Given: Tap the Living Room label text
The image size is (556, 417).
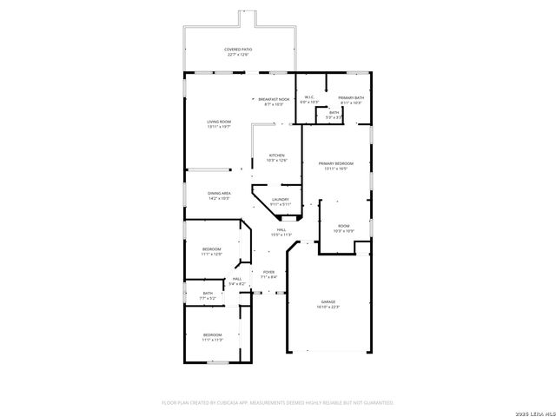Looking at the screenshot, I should click(x=219, y=123).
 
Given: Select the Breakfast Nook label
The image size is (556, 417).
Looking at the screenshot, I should click(x=274, y=102).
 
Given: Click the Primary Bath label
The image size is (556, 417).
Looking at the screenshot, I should click(x=351, y=100).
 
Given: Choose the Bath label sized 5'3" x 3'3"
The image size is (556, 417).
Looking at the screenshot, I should click(x=334, y=115).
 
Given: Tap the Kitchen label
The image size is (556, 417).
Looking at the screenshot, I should click(x=276, y=157).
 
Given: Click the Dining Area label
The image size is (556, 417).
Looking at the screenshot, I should click(x=219, y=195).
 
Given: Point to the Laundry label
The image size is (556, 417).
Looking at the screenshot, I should click(x=280, y=202).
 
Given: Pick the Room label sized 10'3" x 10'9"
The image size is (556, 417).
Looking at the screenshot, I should click(x=343, y=228).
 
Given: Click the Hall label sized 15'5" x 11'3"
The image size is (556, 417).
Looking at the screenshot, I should click(x=281, y=232).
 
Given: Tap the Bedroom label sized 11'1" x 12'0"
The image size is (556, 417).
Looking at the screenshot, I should click(x=212, y=251).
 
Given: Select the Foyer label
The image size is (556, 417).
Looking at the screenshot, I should click(x=269, y=275).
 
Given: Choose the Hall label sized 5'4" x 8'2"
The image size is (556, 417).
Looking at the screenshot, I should click(x=236, y=281).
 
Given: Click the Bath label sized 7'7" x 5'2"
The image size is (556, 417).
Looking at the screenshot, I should click(x=208, y=295).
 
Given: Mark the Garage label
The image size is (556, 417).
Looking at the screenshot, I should click(x=328, y=304).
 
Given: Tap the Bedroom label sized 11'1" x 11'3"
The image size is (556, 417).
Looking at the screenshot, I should click(x=212, y=337).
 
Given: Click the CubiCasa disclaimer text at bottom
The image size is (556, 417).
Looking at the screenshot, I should click(x=278, y=403).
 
